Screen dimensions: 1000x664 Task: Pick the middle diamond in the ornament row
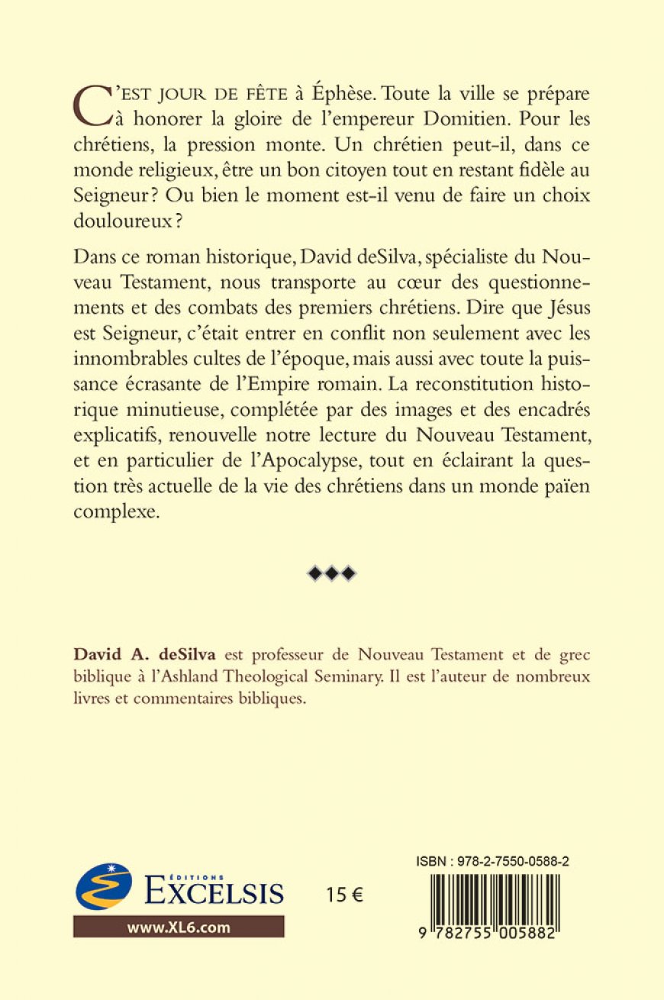coord(331,573)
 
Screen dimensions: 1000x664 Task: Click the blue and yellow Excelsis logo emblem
coord(104,886)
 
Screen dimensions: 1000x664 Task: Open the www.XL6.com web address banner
coord(179,927)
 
